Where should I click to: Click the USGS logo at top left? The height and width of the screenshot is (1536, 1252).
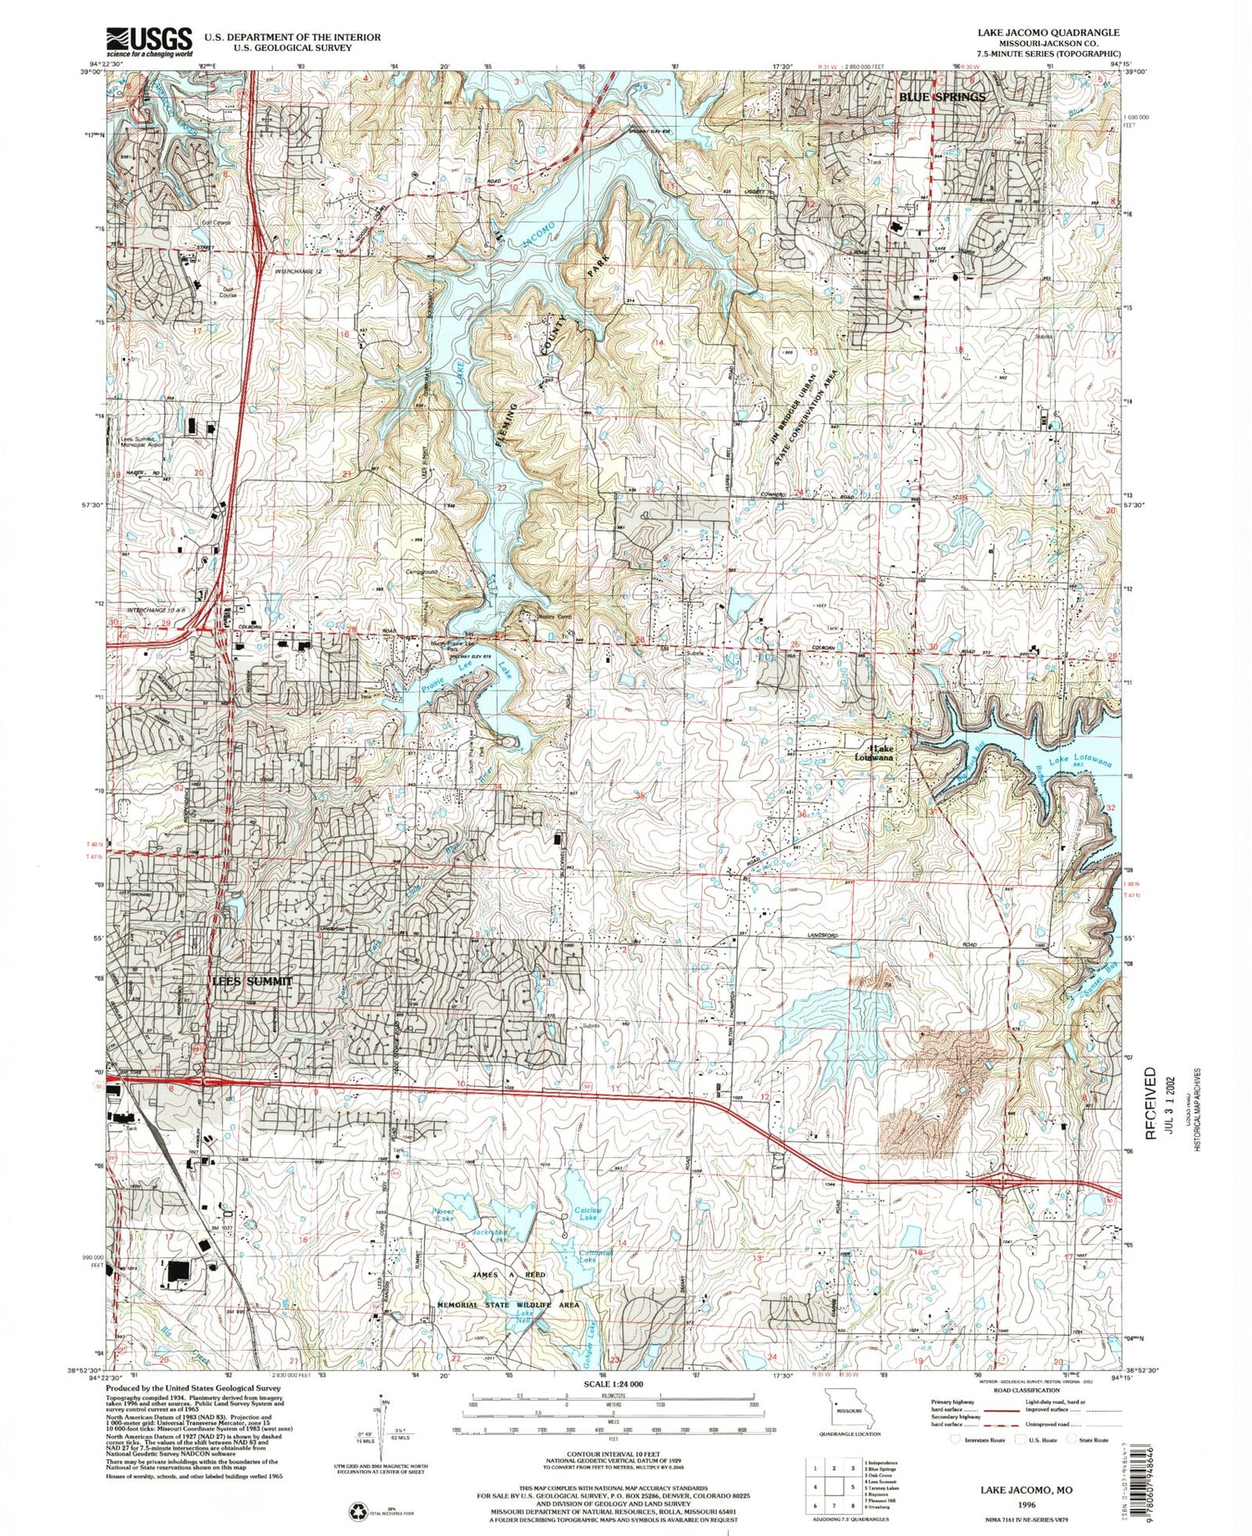[x=149, y=41]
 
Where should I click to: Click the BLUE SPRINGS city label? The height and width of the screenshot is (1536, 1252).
[x=942, y=97]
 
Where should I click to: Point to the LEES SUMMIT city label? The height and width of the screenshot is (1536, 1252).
[x=251, y=981]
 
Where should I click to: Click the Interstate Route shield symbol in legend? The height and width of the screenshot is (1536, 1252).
[x=957, y=1438]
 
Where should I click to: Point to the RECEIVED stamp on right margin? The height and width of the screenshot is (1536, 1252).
[x=1150, y=1104]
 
